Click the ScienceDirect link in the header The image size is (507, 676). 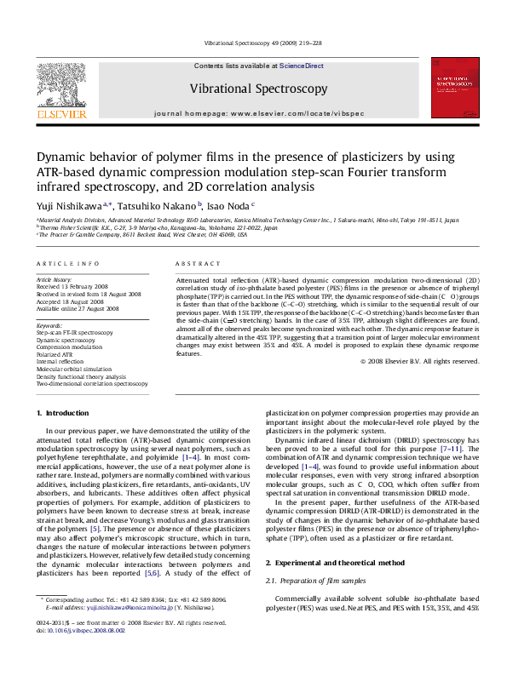point(302,66)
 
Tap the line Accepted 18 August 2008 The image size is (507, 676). point(69,301)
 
